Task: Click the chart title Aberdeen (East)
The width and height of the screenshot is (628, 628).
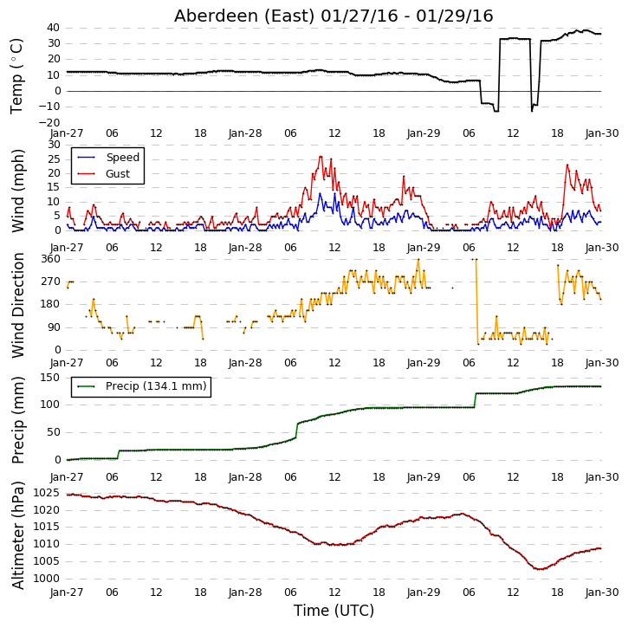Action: click(x=244, y=16)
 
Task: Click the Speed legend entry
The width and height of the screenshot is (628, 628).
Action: click(x=108, y=158)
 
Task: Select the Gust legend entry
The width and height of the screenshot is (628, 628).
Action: click(x=104, y=174)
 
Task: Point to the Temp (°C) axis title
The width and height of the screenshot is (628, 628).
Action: click(x=16, y=76)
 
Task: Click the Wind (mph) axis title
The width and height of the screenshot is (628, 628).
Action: click(x=17, y=191)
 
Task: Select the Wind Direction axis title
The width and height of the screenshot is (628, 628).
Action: click(x=17, y=305)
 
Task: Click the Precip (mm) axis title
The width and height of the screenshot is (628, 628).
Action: click(x=17, y=420)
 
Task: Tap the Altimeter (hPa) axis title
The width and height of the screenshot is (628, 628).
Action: click(x=17, y=535)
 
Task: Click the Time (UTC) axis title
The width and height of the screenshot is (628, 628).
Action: click(x=333, y=611)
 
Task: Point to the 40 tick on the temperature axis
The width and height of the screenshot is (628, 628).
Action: click(x=53, y=28)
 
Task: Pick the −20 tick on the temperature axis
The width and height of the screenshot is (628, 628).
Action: click(x=49, y=122)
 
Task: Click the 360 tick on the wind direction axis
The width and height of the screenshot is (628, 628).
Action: click(x=51, y=259)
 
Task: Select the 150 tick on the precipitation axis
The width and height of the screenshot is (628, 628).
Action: click(x=51, y=378)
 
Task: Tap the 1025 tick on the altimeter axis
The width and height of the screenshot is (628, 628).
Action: click(x=48, y=493)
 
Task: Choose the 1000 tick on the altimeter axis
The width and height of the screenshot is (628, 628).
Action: click(x=48, y=579)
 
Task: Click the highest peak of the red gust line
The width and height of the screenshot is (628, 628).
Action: click(x=320, y=157)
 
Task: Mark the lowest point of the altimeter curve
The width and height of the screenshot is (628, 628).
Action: click(x=541, y=569)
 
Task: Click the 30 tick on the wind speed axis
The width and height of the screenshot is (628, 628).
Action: click(x=54, y=145)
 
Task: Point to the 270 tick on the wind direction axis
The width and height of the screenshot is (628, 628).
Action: click(x=51, y=282)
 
